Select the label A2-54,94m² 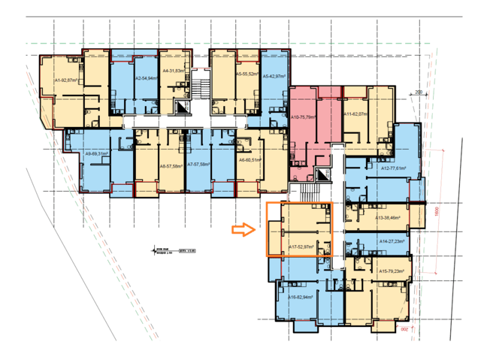tap(146, 78)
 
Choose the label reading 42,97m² tap(273, 77)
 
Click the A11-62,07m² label tap(355, 114)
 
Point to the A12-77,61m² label tap(394, 168)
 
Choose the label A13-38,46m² tap(389, 218)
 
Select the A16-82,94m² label tap(301, 297)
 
